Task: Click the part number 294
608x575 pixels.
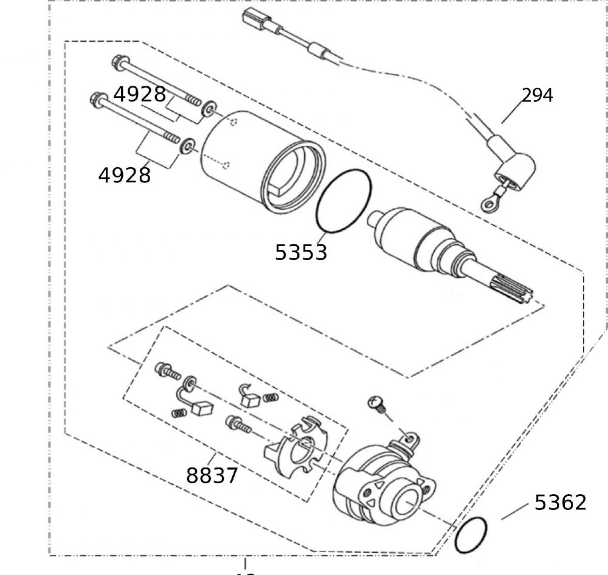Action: coord(537,95)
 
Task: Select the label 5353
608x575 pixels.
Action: coord(300,252)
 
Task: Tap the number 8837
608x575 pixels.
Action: coord(212,475)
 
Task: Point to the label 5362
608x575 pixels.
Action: coord(560,503)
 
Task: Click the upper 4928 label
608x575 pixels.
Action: coord(139,94)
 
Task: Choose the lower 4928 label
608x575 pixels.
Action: coord(124,175)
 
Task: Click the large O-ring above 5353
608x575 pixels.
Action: coord(344,201)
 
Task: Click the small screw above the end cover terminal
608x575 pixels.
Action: coord(375,404)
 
